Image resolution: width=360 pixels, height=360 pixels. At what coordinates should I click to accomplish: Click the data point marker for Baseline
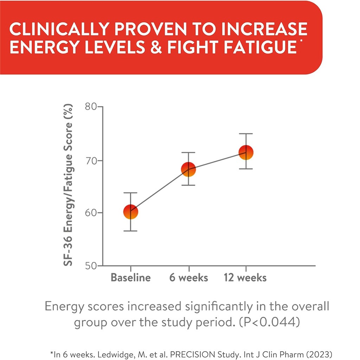point(130,212)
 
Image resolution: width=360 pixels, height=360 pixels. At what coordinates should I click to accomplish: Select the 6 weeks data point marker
point(188,169)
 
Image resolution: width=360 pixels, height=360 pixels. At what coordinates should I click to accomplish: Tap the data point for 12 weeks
point(246,152)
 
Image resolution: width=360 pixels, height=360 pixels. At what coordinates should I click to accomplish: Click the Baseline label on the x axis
point(130,278)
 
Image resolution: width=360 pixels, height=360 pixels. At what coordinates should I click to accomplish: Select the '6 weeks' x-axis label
point(188,278)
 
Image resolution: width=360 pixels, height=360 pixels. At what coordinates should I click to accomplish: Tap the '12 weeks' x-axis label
point(245,278)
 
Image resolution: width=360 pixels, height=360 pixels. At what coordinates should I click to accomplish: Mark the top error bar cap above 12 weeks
point(246,134)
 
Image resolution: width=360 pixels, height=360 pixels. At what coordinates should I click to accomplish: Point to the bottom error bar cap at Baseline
point(130,231)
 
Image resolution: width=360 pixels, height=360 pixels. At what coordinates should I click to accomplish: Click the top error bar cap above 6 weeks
point(188,153)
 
